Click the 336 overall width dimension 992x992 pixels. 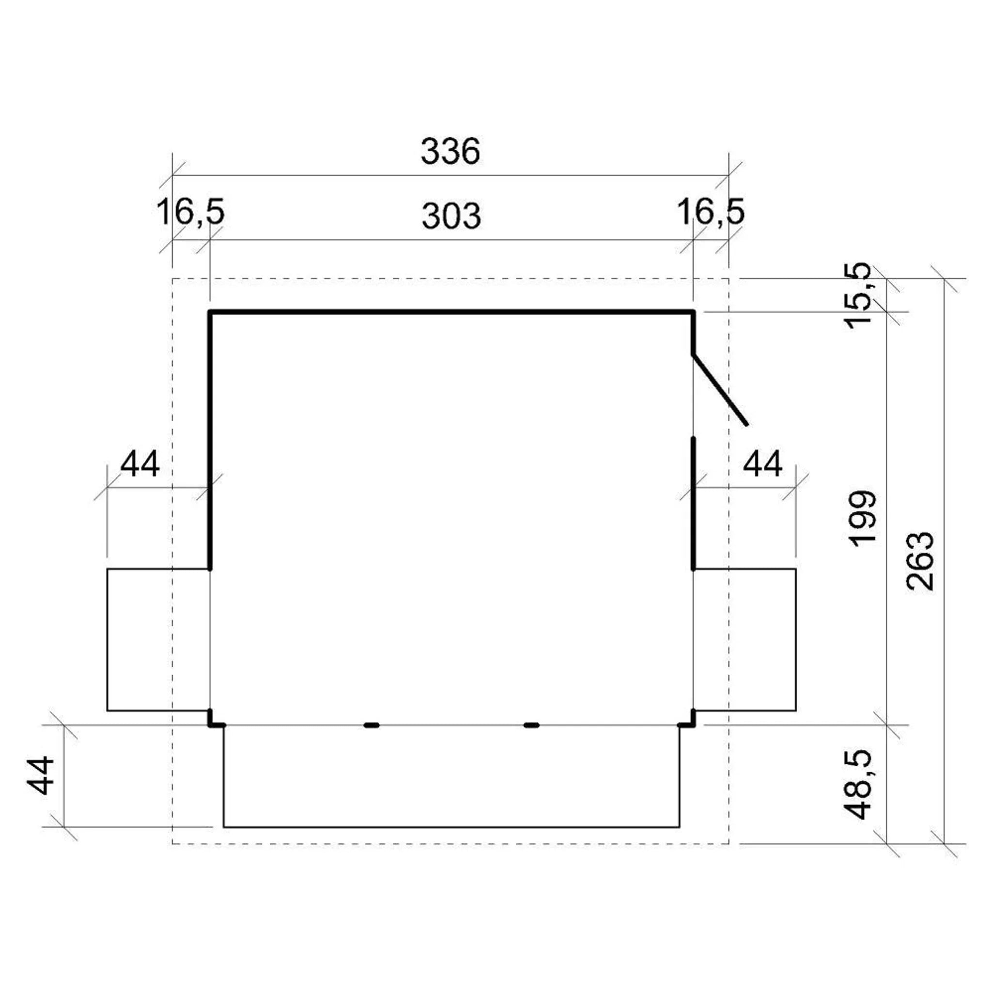tap(450, 152)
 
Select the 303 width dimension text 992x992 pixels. tap(451, 216)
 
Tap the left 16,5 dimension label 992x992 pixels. tap(190, 212)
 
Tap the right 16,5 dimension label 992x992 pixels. tap(710, 212)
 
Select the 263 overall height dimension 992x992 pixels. tap(920, 561)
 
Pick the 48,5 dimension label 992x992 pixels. tap(858, 784)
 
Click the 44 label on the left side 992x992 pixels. tap(139, 464)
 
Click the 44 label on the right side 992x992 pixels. tap(762, 464)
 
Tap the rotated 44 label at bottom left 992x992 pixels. tap(41, 775)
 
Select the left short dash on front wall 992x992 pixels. tap(371, 725)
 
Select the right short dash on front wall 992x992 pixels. tap(531, 725)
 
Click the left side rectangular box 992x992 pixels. tap(157, 640)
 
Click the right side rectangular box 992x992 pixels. tap(745, 640)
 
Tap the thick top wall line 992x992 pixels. tap(451, 311)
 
